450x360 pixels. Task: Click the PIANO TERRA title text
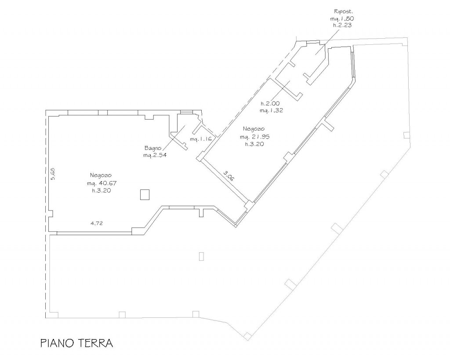(x=76, y=343)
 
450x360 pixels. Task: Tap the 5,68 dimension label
(x=54, y=174)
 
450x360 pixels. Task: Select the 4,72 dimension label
(x=97, y=223)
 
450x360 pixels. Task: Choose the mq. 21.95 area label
(x=255, y=137)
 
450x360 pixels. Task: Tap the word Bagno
(x=153, y=149)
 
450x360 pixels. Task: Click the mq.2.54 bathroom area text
(x=155, y=155)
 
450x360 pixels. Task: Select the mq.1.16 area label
(x=201, y=139)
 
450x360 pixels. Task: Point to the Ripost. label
(x=343, y=11)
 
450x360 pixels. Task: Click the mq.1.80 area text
(x=342, y=18)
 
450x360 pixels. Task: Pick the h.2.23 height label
(x=342, y=25)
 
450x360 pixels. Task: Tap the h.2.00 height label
(x=270, y=103)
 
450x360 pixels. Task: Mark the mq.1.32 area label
(x=271, y=110)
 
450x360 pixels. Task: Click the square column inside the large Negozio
(x=145, y=195)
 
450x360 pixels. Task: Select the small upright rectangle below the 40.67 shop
(x=201, y=256)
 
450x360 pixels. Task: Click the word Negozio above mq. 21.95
(x=254, y=129)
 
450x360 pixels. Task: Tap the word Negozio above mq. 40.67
(x=101, y=175)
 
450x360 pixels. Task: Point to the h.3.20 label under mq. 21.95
(x=254, y=144)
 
